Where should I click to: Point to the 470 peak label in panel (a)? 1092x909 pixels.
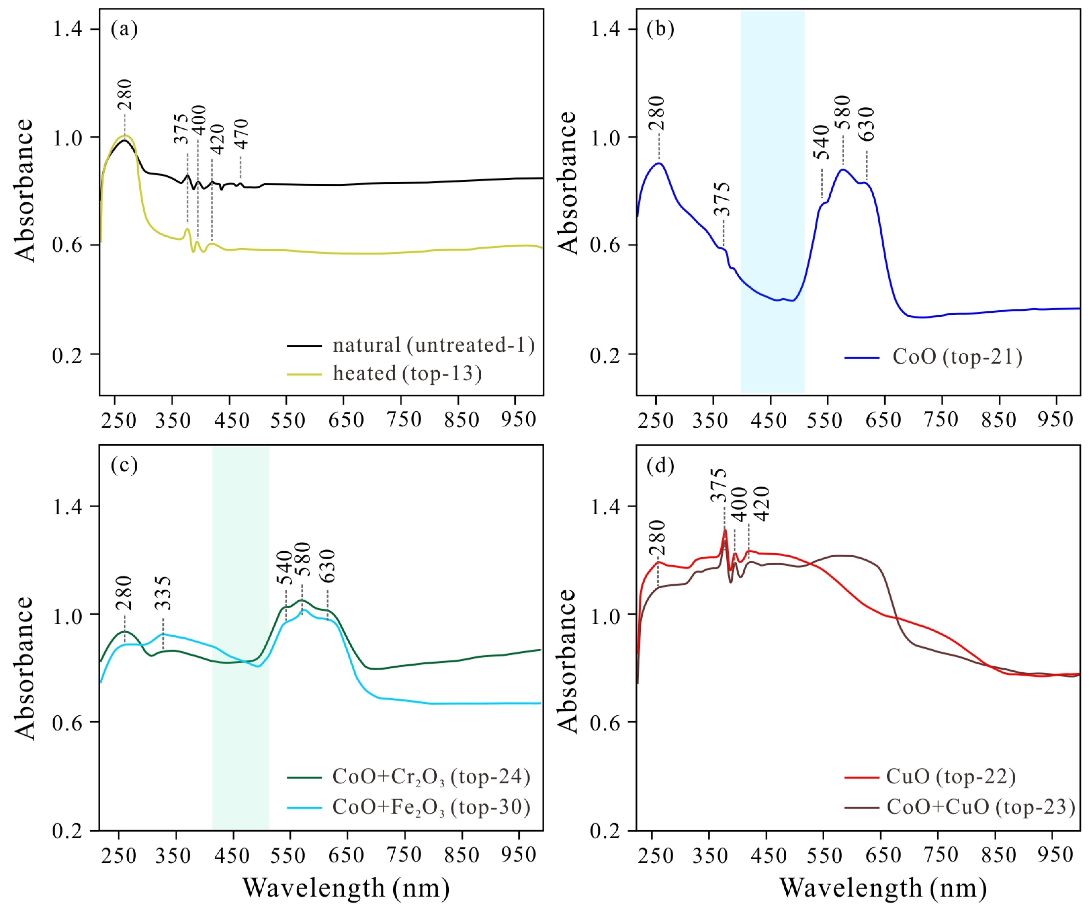coord(241,134)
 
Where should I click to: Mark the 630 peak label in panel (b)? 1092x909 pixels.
coord(866,124)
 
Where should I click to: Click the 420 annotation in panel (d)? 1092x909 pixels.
coord(762,504)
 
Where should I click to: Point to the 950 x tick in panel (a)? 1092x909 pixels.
coord(518,418)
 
